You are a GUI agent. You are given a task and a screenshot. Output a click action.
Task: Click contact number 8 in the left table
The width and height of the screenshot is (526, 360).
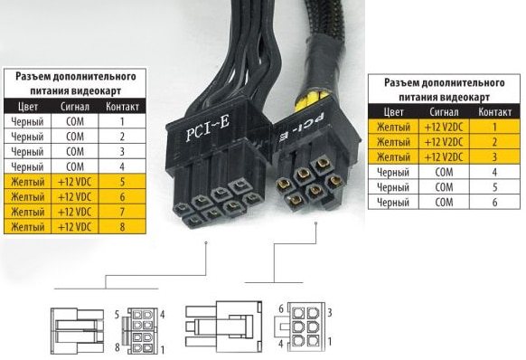[122, 226]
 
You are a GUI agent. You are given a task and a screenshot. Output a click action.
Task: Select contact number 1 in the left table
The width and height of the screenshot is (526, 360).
[122, 121]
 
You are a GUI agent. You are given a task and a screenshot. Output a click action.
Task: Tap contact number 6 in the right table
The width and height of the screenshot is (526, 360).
[494, 203]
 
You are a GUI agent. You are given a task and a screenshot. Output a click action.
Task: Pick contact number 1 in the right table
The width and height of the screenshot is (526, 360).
[494, 127]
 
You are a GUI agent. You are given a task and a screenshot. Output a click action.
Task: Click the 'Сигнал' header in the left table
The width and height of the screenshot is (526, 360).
[75, 107]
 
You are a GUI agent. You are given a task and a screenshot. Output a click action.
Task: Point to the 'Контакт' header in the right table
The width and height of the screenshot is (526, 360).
[494, 112]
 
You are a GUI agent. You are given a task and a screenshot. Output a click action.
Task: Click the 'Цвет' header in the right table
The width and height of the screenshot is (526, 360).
[393, 112]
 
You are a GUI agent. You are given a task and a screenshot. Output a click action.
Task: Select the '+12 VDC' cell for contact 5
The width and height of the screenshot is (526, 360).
[75, 182]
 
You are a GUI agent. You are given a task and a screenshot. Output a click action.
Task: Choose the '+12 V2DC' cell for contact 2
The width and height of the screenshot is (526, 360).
[444, 142]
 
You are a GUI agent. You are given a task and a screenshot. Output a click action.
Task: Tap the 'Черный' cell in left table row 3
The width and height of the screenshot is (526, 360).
[27, 151]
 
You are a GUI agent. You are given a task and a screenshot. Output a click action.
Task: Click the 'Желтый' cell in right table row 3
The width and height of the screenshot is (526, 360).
[393, 156]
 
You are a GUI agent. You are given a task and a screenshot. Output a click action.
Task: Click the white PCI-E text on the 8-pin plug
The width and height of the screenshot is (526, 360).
[208, 129]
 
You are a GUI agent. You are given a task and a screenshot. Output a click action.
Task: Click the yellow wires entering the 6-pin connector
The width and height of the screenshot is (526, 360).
[310, 98]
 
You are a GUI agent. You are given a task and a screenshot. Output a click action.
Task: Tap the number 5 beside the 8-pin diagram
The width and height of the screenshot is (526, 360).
[117, 315]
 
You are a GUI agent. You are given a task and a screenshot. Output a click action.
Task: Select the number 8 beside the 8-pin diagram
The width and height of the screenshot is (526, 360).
[117, 347]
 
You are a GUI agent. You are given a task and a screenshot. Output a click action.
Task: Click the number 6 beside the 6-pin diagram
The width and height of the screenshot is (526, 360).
[281, 308]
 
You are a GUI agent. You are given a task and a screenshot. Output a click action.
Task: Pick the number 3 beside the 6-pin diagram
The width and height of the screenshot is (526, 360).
[330, 313]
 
